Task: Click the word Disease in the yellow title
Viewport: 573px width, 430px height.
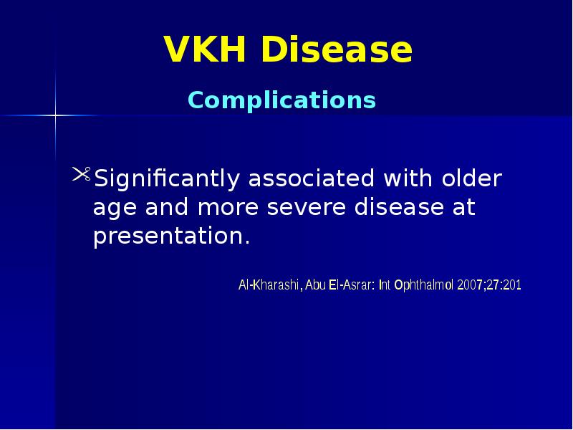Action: (x=336, y=50)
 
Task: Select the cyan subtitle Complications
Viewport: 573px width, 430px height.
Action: (x=281, y=100)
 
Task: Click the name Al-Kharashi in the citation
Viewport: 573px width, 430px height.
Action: (x=269, y=285)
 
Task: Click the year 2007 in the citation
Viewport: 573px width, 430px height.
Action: (x=471, y=285)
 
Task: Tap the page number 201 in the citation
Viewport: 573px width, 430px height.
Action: (x=511, y=285)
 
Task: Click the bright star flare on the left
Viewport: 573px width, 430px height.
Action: (x=55, y=115)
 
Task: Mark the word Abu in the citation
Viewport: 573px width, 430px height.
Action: (x=314, y=285)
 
